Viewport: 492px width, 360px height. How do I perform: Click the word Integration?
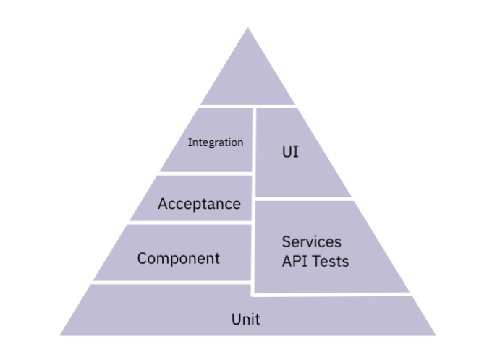click(216, 142)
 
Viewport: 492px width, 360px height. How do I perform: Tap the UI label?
click(289, 153)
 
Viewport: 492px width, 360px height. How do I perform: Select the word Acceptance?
click(199, 204)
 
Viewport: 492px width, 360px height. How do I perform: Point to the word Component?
click(179, 258)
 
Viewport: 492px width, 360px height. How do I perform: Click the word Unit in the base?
click(246, 319)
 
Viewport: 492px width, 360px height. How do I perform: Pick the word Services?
click(311, 241)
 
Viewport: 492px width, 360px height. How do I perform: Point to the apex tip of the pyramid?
click(247, 28)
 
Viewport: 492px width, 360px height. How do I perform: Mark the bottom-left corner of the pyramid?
click(60, 335)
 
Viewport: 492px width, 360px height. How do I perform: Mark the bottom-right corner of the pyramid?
click(436, 335)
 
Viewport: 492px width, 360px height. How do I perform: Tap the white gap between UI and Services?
click(304, 199)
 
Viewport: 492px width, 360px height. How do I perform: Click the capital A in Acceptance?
click(163, 204)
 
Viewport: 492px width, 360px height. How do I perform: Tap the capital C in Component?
click(143, 258)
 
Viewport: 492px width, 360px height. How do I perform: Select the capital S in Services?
click(287, 241)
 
